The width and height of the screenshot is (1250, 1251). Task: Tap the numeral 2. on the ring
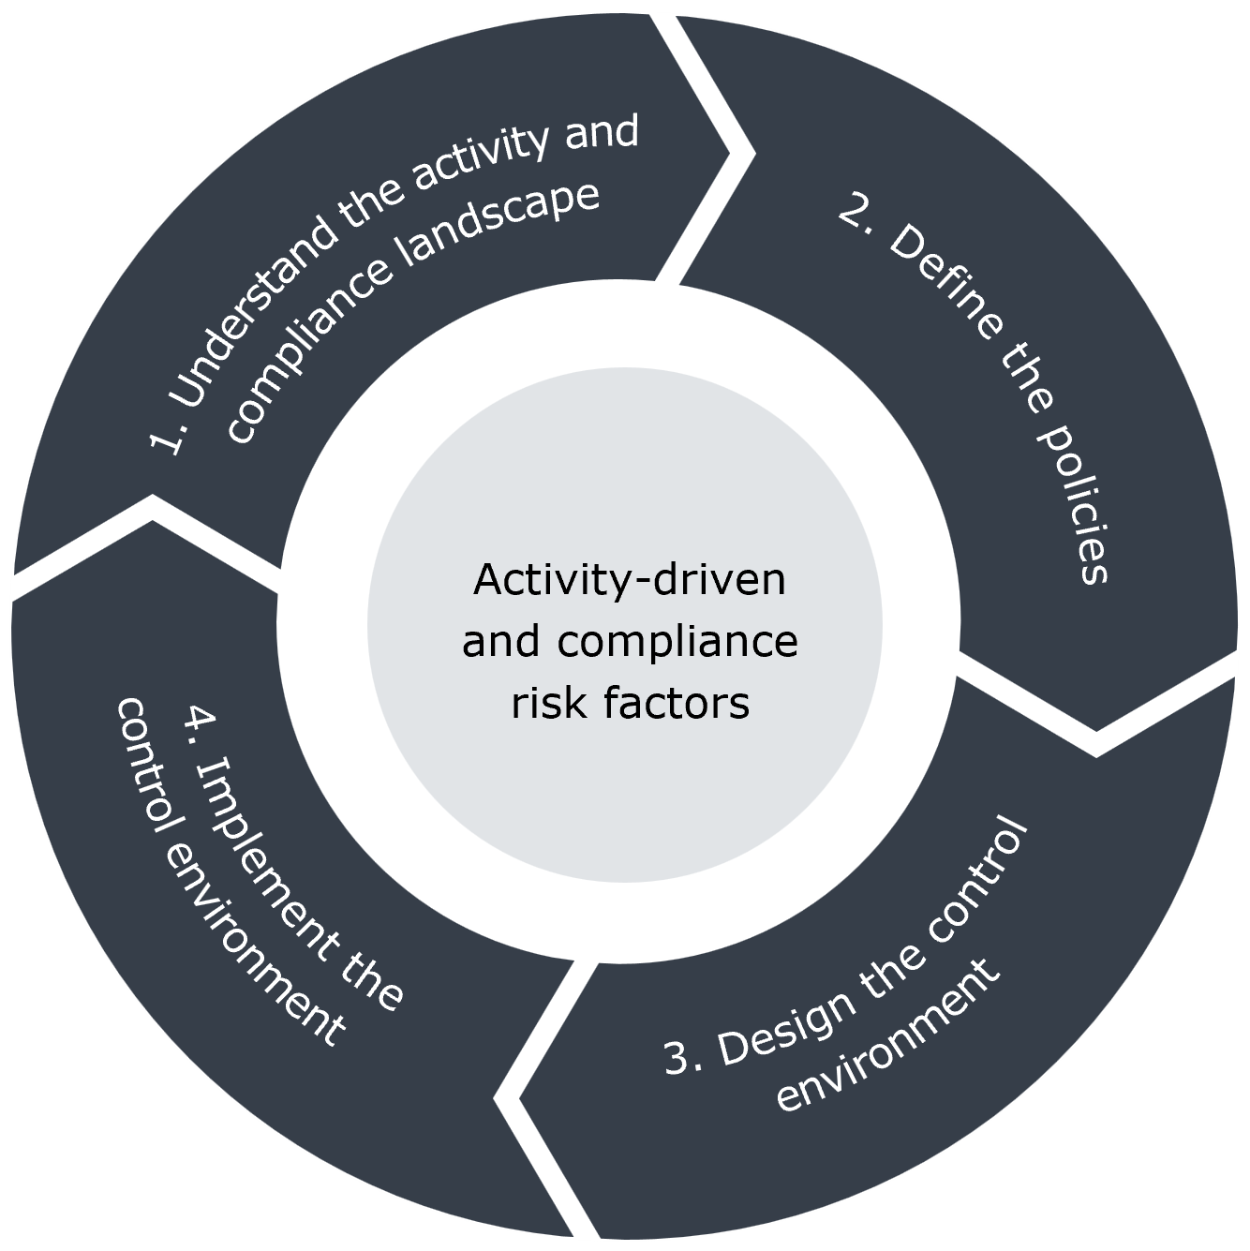click(x=860, y=214)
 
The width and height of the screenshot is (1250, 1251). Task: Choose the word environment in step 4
click(x=253, y=947)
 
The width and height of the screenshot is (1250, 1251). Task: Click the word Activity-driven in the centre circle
click(x=630, y=579)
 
